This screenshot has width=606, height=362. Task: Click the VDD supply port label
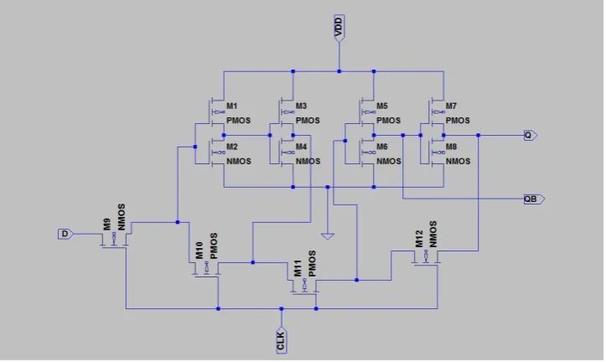tap(339, 27)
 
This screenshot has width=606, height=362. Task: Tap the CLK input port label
tap(282, 340)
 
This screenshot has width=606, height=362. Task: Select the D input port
tap(65, 234)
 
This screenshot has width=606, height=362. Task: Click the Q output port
tap(531, 135)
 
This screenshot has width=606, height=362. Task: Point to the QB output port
tap(534, 199)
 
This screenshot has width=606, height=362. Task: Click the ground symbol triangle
tap(328, 236)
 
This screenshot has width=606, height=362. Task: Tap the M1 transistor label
tap(232, 106)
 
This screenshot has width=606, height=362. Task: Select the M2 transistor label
tap(232, 147)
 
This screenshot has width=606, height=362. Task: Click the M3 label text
tap(301, 106)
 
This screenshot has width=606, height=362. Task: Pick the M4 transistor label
tap(301, 147)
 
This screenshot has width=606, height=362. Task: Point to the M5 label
tap(382, 106)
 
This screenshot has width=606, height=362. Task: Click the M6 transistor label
tap(382, 147)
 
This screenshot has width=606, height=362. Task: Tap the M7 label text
tap(451, 106)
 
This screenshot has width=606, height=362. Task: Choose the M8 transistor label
tap(451, 147)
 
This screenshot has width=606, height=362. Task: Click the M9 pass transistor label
tap(107, 225)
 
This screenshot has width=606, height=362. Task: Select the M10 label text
tap(199, 251)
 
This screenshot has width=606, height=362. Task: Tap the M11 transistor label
tap(298, 268)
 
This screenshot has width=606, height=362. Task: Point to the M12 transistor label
tap(419, 239)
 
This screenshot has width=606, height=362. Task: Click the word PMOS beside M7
tap(458, 121)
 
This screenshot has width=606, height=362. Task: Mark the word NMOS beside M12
tap(432, 234)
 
